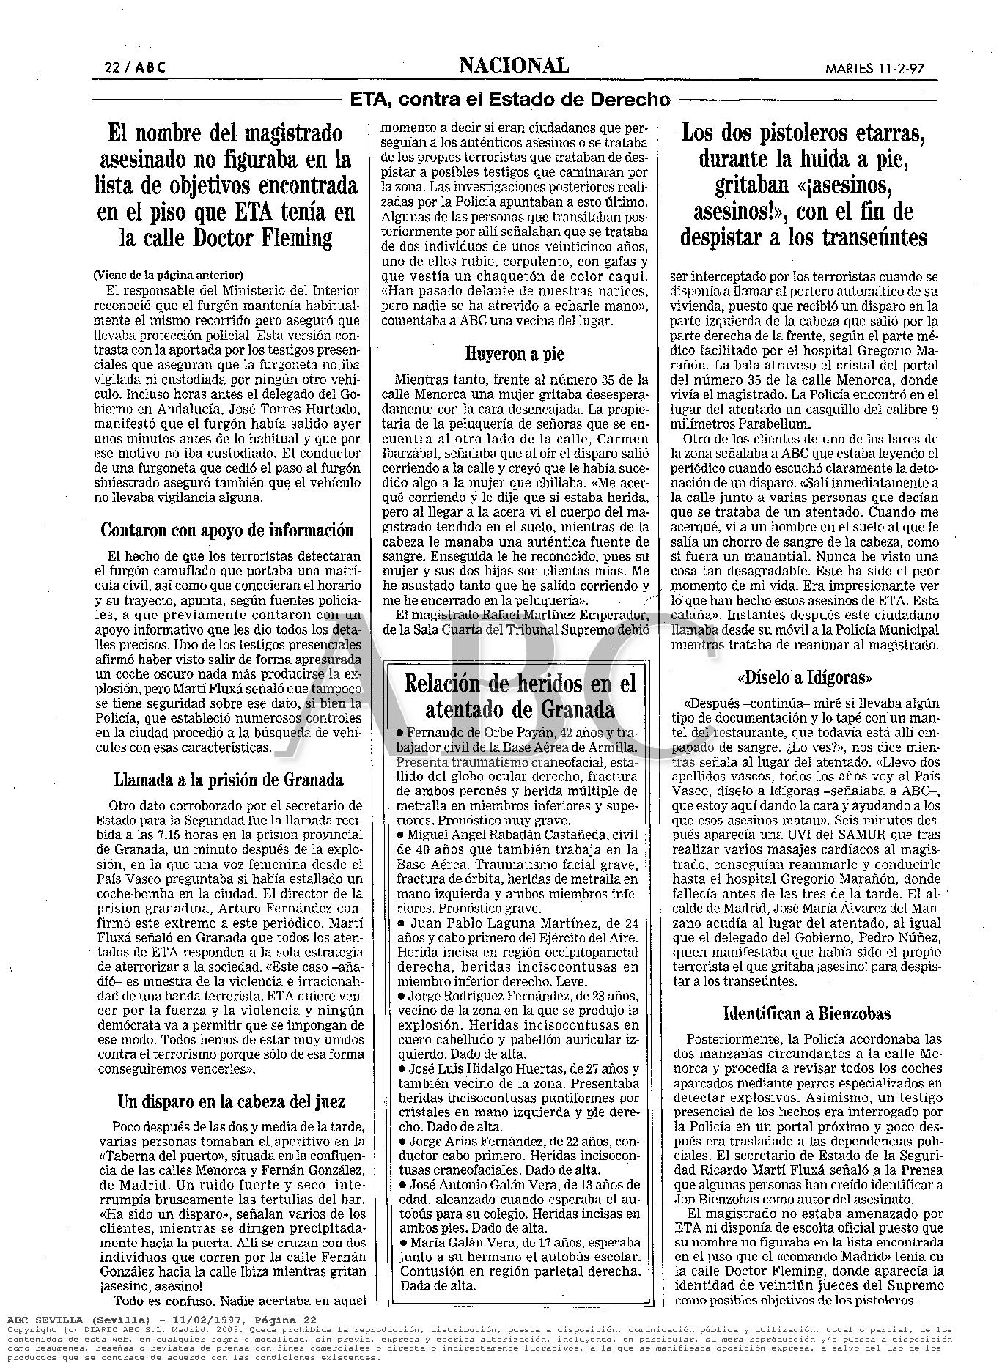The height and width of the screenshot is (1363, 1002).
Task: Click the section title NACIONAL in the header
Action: pyautogui.click(x=513, y=66)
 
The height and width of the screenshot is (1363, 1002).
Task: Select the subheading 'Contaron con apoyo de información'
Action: pyautogui.click(x=227, y=530)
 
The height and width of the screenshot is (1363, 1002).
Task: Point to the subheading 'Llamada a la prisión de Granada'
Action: pyautogui.click(x=228, y=780)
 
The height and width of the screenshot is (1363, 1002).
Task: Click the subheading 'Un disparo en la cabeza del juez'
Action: pyautogui.click(x=231, y=1101)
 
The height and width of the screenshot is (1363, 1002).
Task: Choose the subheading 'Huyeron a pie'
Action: pyautogui.click(x=515, y=354)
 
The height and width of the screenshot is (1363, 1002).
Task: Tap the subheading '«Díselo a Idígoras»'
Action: pyautogui.click(x=806, y=676)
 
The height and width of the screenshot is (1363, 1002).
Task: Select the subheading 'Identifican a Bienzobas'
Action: pyautogui.click(x=806, y=1013)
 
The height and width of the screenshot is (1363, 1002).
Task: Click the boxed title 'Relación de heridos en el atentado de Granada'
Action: pyautogui.click(x=521, y=697)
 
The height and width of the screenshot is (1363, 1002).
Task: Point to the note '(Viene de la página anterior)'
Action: pyautogui.click(x=169, y=276)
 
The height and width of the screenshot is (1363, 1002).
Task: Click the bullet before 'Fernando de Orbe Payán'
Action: pyautogui.click(x=400, y=734)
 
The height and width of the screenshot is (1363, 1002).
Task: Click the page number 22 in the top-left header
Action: pyautogui.click(x=112, y=67)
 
